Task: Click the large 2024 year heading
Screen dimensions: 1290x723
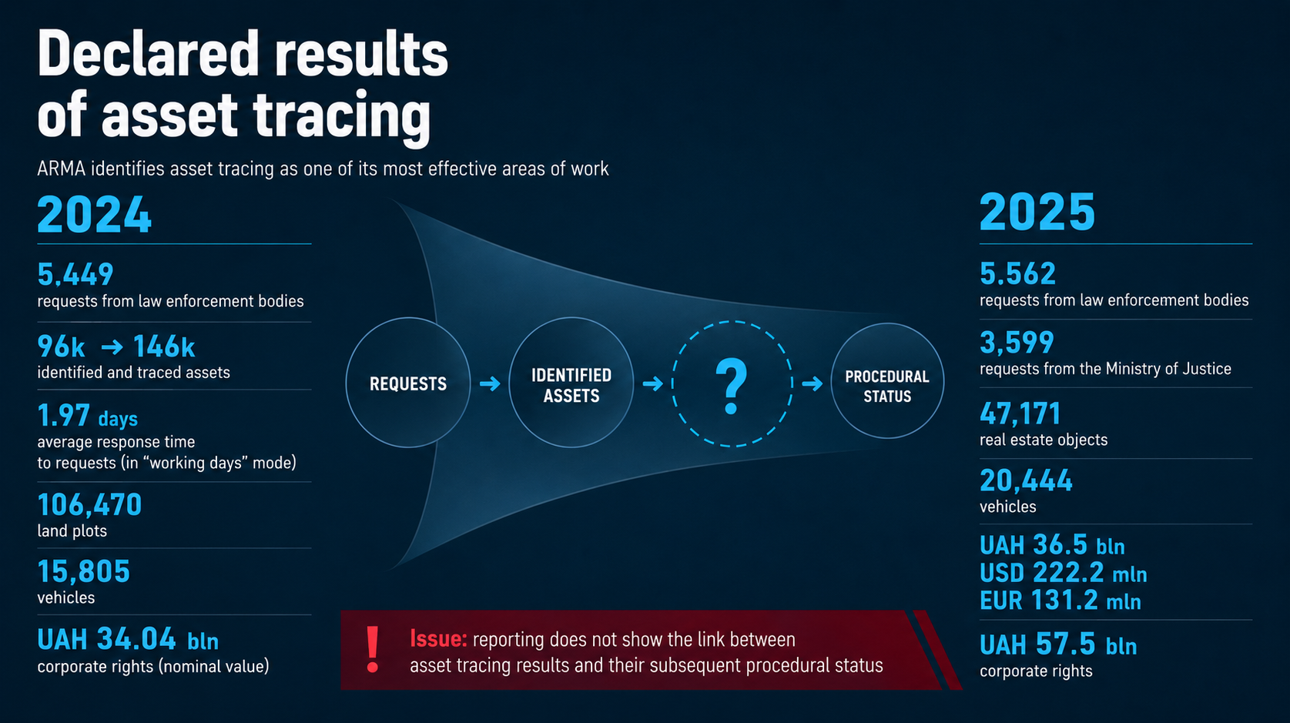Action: point(95,214)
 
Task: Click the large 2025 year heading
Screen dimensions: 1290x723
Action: point(1037,212)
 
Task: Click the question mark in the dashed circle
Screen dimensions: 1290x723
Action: point(732,386)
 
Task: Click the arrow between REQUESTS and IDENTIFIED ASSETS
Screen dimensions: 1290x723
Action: point(490,383)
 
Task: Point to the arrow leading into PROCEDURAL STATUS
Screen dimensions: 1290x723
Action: point(812,383)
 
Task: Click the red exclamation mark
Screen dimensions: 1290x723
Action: point(373,649)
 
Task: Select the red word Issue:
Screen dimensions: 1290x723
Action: point(438,639)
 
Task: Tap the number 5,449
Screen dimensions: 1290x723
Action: point(75,275)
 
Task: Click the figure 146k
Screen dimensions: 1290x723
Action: point(164,346)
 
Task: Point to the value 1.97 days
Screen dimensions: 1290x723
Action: point(88,416)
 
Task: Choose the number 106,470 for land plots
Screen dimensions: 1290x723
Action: point(89,505)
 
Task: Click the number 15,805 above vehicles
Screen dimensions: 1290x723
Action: point(83,571)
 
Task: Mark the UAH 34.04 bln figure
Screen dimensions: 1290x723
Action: point(128,639)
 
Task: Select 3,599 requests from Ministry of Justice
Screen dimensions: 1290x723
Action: point(1017,343)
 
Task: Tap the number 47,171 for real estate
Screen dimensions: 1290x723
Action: point(1020,414)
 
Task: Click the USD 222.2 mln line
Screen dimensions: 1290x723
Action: point(1063,573)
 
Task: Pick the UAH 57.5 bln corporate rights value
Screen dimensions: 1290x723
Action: point(1058,644)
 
